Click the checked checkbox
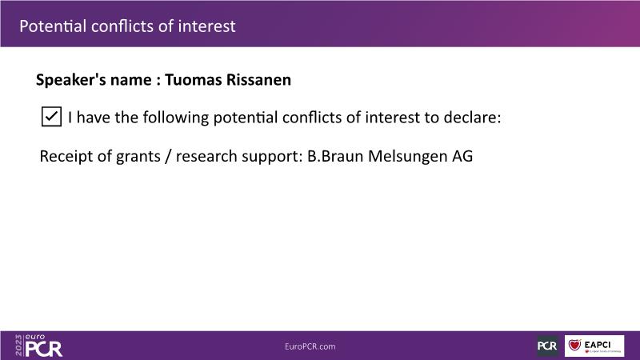tap(51, 117)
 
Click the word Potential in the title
tap(53, 26)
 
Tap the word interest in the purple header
tap(207, 26)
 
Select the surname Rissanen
tap(258, 79)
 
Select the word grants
tap(138, 157)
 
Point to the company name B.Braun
tap(335, 156)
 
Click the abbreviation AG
tap(462, 156)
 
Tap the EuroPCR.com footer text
tap(310, 346)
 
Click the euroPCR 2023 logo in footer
tap(38, 346)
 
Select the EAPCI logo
tap(594, 346)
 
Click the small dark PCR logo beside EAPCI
tap(547, 346)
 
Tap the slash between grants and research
tap(168, 157)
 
